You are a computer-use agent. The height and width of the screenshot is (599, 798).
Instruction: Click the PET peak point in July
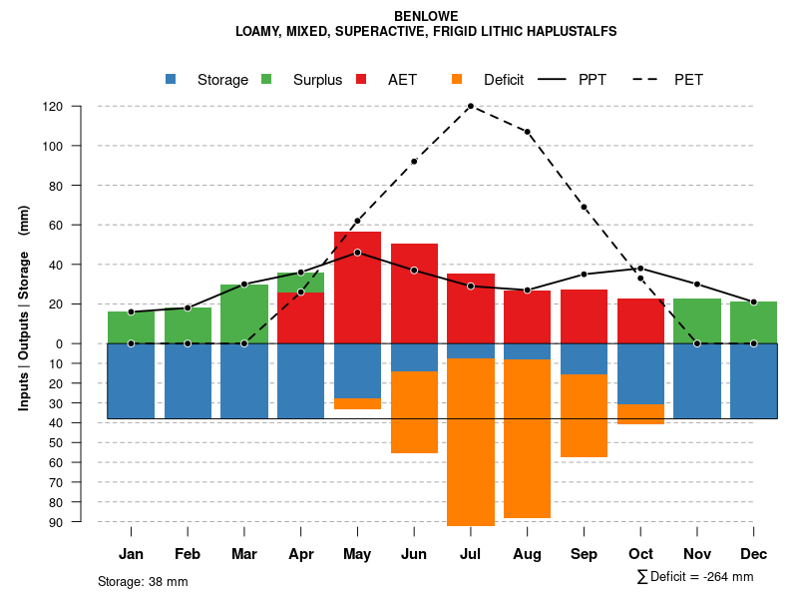coord(470,106)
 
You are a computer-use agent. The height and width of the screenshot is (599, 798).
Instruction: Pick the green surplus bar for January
coord(131,327)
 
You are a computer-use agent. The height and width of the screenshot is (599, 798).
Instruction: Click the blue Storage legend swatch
coord(172,79)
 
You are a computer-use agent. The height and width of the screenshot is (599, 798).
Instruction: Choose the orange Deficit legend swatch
coord(458,79)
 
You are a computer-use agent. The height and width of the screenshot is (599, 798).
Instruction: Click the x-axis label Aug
coord(527,554)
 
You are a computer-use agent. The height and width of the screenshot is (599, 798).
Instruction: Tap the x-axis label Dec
coord(753,554)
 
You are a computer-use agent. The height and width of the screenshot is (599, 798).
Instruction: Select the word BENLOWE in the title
coord(426,16)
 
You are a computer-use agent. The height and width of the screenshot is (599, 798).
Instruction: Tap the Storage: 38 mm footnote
coord(143,581)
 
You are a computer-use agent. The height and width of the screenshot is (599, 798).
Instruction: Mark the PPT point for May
coord(357,253)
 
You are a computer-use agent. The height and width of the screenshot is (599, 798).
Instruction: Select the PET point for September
coord(584,207)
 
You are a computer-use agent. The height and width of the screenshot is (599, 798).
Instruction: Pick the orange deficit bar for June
coord(414,411)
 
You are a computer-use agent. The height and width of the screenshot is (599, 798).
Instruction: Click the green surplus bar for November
coord(696,320)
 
